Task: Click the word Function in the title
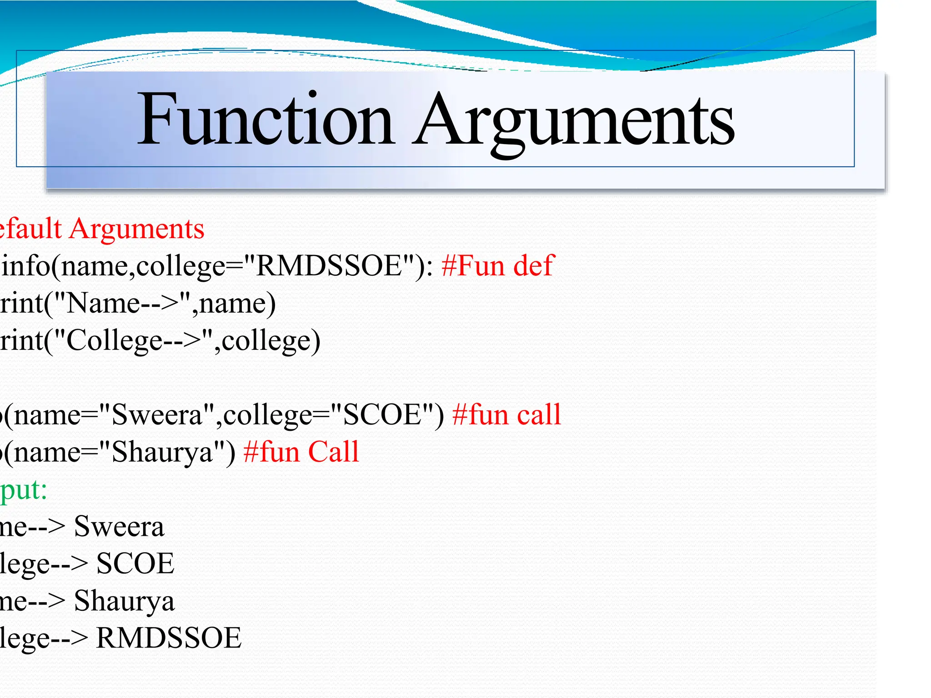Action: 265,119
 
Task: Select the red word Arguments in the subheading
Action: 137,229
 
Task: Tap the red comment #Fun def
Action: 498,266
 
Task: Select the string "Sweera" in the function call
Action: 156,415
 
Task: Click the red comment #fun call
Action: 506,415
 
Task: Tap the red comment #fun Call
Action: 301,452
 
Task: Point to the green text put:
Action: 24,490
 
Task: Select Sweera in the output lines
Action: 119,527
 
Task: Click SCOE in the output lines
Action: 135,564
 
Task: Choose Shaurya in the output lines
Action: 124,601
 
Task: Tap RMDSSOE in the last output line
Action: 169,638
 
